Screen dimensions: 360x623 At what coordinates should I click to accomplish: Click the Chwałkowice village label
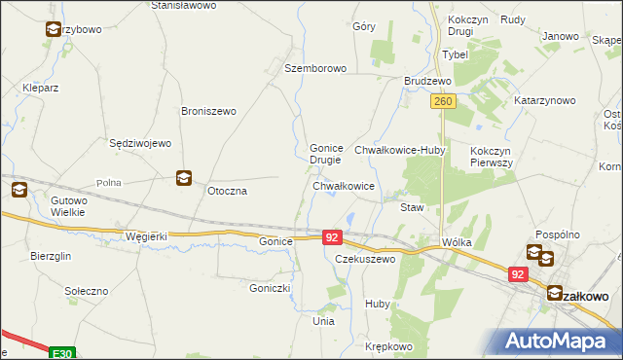click(x=344, y=185)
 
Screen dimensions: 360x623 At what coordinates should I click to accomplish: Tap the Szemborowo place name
click(x=315, y=68)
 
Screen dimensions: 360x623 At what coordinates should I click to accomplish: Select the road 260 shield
click(x=443, y=101)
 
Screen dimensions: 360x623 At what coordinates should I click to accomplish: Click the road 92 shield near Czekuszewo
click(x=332, y=237)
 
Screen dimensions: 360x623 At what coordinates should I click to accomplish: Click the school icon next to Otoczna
click(x=184, y=177)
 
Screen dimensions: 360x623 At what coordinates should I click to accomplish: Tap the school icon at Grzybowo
click(x=52, y=29)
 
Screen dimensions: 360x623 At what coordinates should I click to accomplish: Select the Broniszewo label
click(x=208, y=111)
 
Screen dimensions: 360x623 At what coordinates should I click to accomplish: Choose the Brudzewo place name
click(x=427, y=82)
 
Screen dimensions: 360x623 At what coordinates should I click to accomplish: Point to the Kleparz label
click(x=41, y=88)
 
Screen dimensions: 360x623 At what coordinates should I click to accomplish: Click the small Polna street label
click(x=108, y=183)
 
